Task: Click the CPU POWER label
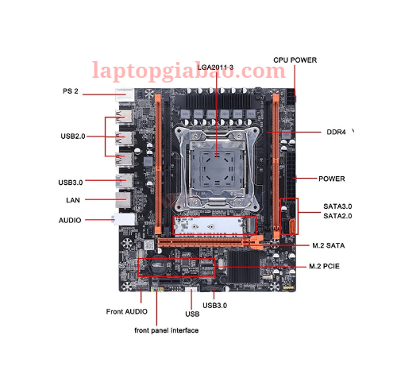[x=295, y=60]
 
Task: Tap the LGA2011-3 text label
[x=215, y=67]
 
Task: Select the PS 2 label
[x=71, y=91]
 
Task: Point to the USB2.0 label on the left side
[x=73, y=137]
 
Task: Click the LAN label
[x=73, y=200]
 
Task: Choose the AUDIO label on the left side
[x=70, y=220]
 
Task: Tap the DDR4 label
[x=336, y=132]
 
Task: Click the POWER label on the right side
[x=332, y=179]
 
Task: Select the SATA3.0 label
[x=337, y=206]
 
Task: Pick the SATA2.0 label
[x=337, y=216]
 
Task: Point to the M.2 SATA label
[x=329, y=245]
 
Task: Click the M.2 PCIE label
[x=324, y=266]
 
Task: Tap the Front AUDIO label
[x=127, y=311]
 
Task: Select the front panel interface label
[x=167, y=330]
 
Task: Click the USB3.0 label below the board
[x=215, y=306]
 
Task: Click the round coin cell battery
[x=159, y=267]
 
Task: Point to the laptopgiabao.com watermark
[x=189, y=71]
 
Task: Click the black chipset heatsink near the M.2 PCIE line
[x=244, y=267]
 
